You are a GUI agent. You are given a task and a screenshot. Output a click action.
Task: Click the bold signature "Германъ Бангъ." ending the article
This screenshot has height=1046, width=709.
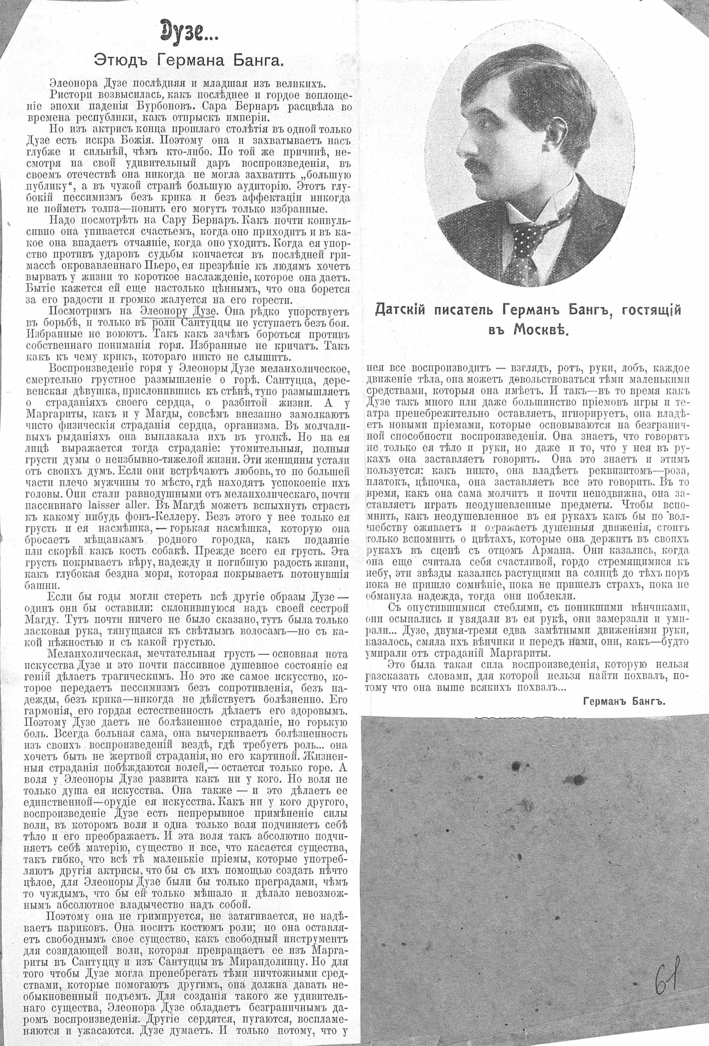tap(624, 701)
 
